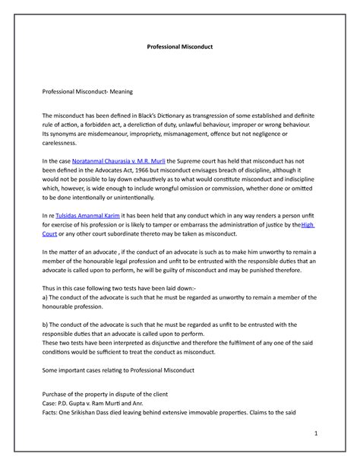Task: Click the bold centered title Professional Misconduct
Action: tap(180, 46)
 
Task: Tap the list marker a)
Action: tap(45, 296)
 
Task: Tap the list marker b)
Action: tap(45, 325)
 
